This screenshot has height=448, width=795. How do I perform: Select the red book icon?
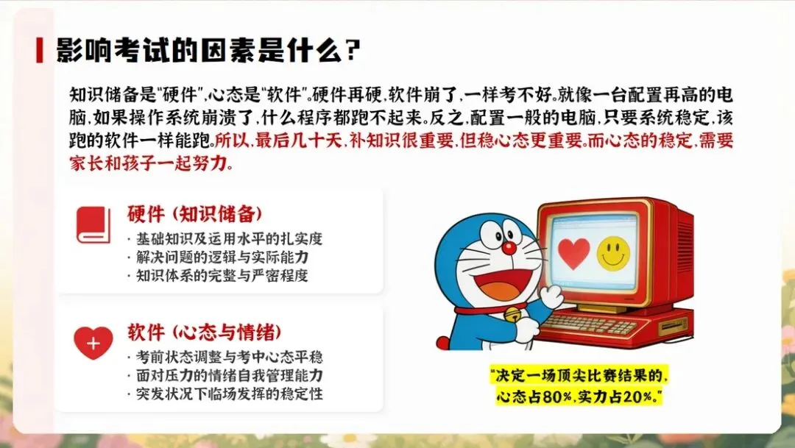coord(93,225)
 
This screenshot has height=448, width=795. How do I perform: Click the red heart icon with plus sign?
coord(93,343)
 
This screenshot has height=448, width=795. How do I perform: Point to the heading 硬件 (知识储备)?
coord(195,214)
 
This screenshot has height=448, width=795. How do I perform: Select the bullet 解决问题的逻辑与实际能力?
coord(221,257)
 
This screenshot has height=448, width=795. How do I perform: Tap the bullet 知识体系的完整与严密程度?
coord(221,276)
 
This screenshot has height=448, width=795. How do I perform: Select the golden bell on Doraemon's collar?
coord(509,317)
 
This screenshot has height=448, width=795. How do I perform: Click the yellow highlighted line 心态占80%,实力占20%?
coord(579,397)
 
